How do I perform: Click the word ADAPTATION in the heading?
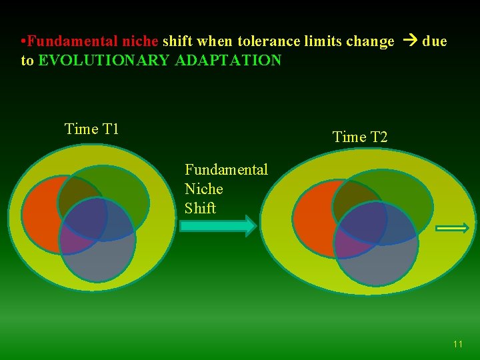point(228,61)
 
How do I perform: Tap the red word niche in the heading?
point(140,41)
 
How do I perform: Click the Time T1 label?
point(91,129)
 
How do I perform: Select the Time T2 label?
point(360,137)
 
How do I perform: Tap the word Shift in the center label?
point(200,208)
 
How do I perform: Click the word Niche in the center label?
point(203,189)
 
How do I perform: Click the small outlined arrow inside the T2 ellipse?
point(453,228)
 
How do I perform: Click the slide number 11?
point(457,344)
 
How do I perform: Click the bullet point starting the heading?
point(23,41)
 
